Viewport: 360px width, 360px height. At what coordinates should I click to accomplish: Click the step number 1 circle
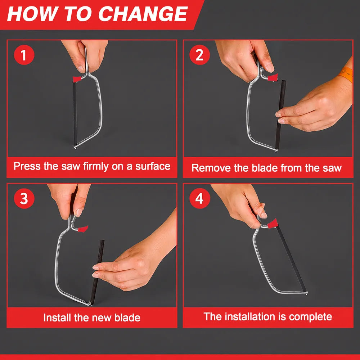[24, 55]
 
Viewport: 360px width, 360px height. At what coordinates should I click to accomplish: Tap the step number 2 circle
[199, 55]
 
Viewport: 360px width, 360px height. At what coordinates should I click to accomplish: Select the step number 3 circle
[24, 198]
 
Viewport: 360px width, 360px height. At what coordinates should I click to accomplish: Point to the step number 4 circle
[199, 198]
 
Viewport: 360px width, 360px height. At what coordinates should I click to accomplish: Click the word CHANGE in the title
[143, 14]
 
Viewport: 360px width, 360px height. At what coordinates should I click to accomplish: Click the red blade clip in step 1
[77, 79]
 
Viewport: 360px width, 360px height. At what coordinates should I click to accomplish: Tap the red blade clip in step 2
[273, 77]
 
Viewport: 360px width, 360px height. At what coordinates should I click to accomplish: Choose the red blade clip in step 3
[83, 229]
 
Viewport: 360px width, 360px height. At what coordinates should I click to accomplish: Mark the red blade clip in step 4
[273, 224]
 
